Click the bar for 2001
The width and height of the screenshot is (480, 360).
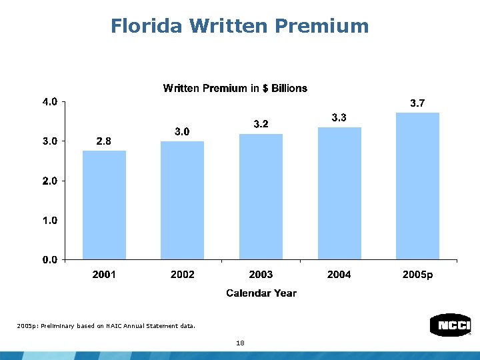tap(104, 205)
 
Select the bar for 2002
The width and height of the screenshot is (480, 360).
tap(182, 200)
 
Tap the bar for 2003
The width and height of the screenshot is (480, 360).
tap(261, 197)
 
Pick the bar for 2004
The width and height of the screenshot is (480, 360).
tap(339, 193)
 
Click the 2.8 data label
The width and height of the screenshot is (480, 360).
tap(104, 141)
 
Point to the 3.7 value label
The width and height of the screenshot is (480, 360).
tap(417, 103)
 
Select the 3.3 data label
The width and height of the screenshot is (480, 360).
tap(339, 117)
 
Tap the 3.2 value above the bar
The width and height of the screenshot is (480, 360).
tap(261, 124)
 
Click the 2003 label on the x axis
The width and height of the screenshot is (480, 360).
tap(261, 275)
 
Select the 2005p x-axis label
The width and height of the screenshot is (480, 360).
tap(417, 275)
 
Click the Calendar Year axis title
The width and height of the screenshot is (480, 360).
tap(261, 293)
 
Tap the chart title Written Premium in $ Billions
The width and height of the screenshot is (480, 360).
tap(235, 88)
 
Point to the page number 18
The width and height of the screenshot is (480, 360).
tap(240, 343)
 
